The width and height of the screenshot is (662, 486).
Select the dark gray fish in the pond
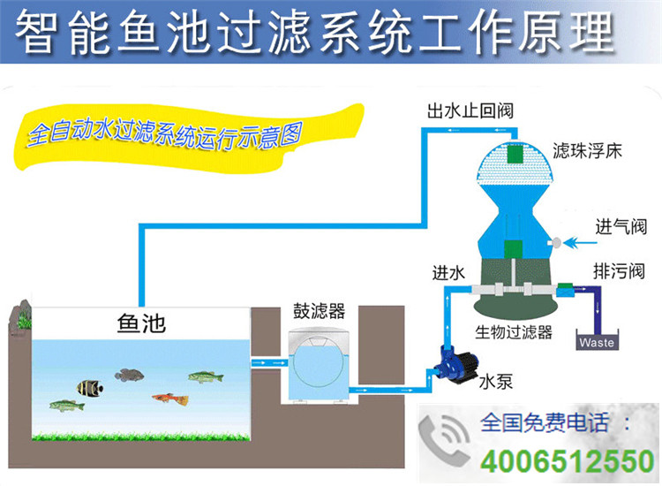click(130, 375)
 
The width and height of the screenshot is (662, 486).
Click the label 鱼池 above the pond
click(142, 324)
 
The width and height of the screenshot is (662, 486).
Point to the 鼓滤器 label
click(319, 312)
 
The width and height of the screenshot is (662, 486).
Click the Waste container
click(597, 341)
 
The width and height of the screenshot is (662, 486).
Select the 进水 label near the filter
click(448, 273)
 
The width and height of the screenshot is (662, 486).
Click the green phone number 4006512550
click(561, 461)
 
